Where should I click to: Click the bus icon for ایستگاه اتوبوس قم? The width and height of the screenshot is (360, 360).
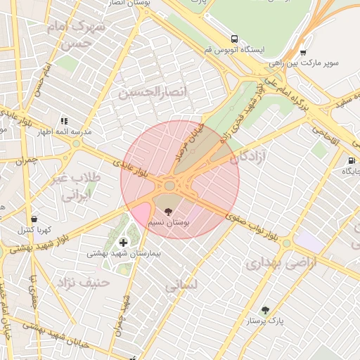click(234, 39)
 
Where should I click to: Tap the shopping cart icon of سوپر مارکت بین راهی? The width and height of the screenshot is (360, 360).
click(303, 52)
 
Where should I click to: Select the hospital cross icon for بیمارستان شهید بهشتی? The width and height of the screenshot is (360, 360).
click(124, 243)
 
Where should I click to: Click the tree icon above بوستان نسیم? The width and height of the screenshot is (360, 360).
click(167, 211)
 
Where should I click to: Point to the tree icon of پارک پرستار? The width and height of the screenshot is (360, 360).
click(265, 310)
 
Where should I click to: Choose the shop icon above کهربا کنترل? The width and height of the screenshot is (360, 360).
click(34, 219)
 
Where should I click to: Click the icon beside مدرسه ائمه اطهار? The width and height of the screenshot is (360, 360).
click(65, 122)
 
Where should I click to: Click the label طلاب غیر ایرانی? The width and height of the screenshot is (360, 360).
click(75, 187)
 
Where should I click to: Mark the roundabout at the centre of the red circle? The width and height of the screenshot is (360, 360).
click(169, 186)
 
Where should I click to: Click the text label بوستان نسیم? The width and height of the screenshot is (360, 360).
click(168, 222)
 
